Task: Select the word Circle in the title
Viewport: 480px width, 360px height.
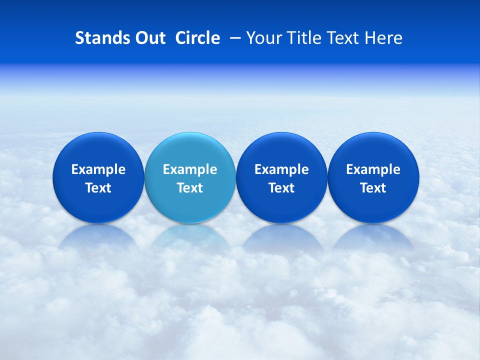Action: tap(197, 38)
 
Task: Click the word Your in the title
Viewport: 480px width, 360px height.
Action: tap(263, 38)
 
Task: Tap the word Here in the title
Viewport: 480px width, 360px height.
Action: tap(382, 38)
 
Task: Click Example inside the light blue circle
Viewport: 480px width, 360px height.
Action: tap(190, 169)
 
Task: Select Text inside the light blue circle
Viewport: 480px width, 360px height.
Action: tap(190, 188)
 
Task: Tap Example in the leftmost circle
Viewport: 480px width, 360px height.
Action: tap(98, 169)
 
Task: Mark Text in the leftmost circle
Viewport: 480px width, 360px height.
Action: tap(98, 188)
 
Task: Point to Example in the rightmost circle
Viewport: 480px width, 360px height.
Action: tap(373, 169)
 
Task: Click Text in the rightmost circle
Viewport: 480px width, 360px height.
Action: tap(373, 188)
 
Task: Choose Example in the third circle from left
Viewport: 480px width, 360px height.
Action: tap(281, 169)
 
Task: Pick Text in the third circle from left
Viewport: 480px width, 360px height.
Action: tap(281, 188)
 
